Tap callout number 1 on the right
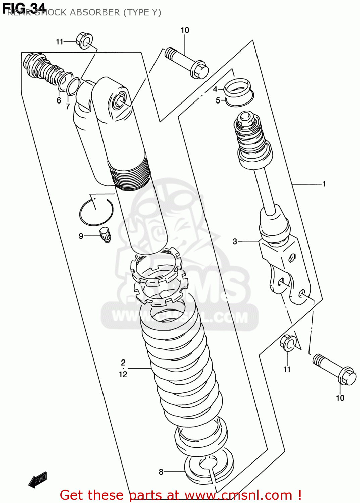point(324,184)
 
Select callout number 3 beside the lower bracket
point(235,241)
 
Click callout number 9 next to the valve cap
point(81,236)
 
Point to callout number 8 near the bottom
point(161,472)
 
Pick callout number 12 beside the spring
point(123,374)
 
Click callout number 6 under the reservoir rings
point(59,101)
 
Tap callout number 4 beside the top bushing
point(215,89)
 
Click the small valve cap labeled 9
point(105,234)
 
